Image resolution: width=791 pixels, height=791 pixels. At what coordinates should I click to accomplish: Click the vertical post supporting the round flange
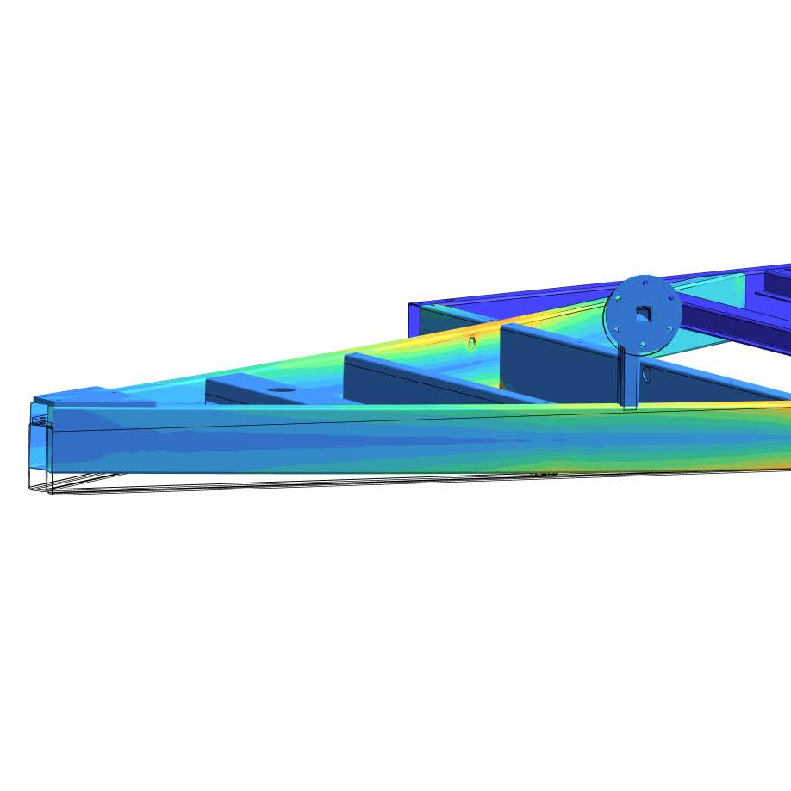tap(630, 379)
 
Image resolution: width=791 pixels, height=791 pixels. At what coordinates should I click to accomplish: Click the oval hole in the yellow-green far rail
tap(471, 343)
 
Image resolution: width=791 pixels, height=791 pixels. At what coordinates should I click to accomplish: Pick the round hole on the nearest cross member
tap(280, 389)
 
